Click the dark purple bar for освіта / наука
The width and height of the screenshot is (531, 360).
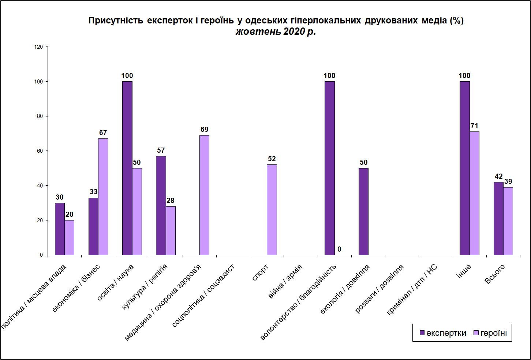pos(127,168)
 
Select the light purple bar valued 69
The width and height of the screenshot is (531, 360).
pos(204,195)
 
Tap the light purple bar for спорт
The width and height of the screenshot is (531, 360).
pos(272,209)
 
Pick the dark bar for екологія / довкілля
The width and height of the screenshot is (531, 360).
pos(363,211)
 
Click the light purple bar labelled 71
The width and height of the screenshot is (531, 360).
pos(474,193)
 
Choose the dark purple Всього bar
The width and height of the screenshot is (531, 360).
pos(498,218)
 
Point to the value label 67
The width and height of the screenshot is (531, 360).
pos(103,133)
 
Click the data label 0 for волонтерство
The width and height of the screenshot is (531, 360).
pos(339,249)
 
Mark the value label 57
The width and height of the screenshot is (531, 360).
pos(161,151)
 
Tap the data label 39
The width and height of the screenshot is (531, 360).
pos(508,182)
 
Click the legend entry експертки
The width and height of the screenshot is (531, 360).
pos(443,333)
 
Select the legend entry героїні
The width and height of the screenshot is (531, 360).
pos(490,333)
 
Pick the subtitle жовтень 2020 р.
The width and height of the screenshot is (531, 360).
pos(276,32)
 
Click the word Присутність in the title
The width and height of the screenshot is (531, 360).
pos(116,21)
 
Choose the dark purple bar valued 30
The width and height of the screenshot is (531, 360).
pos(60,229)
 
